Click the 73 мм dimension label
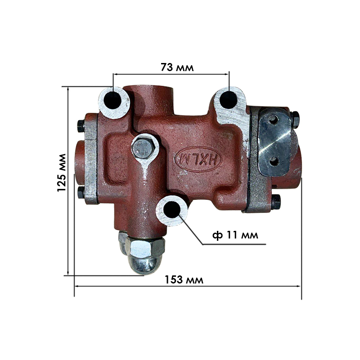[177, 67]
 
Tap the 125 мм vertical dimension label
[62, 173]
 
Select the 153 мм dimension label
[184, 279]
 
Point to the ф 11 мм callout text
[235, 235]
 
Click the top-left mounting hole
[112, 100]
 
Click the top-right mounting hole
[229, 100]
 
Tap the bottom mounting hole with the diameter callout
[172, 209]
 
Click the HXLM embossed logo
[198, 159]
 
